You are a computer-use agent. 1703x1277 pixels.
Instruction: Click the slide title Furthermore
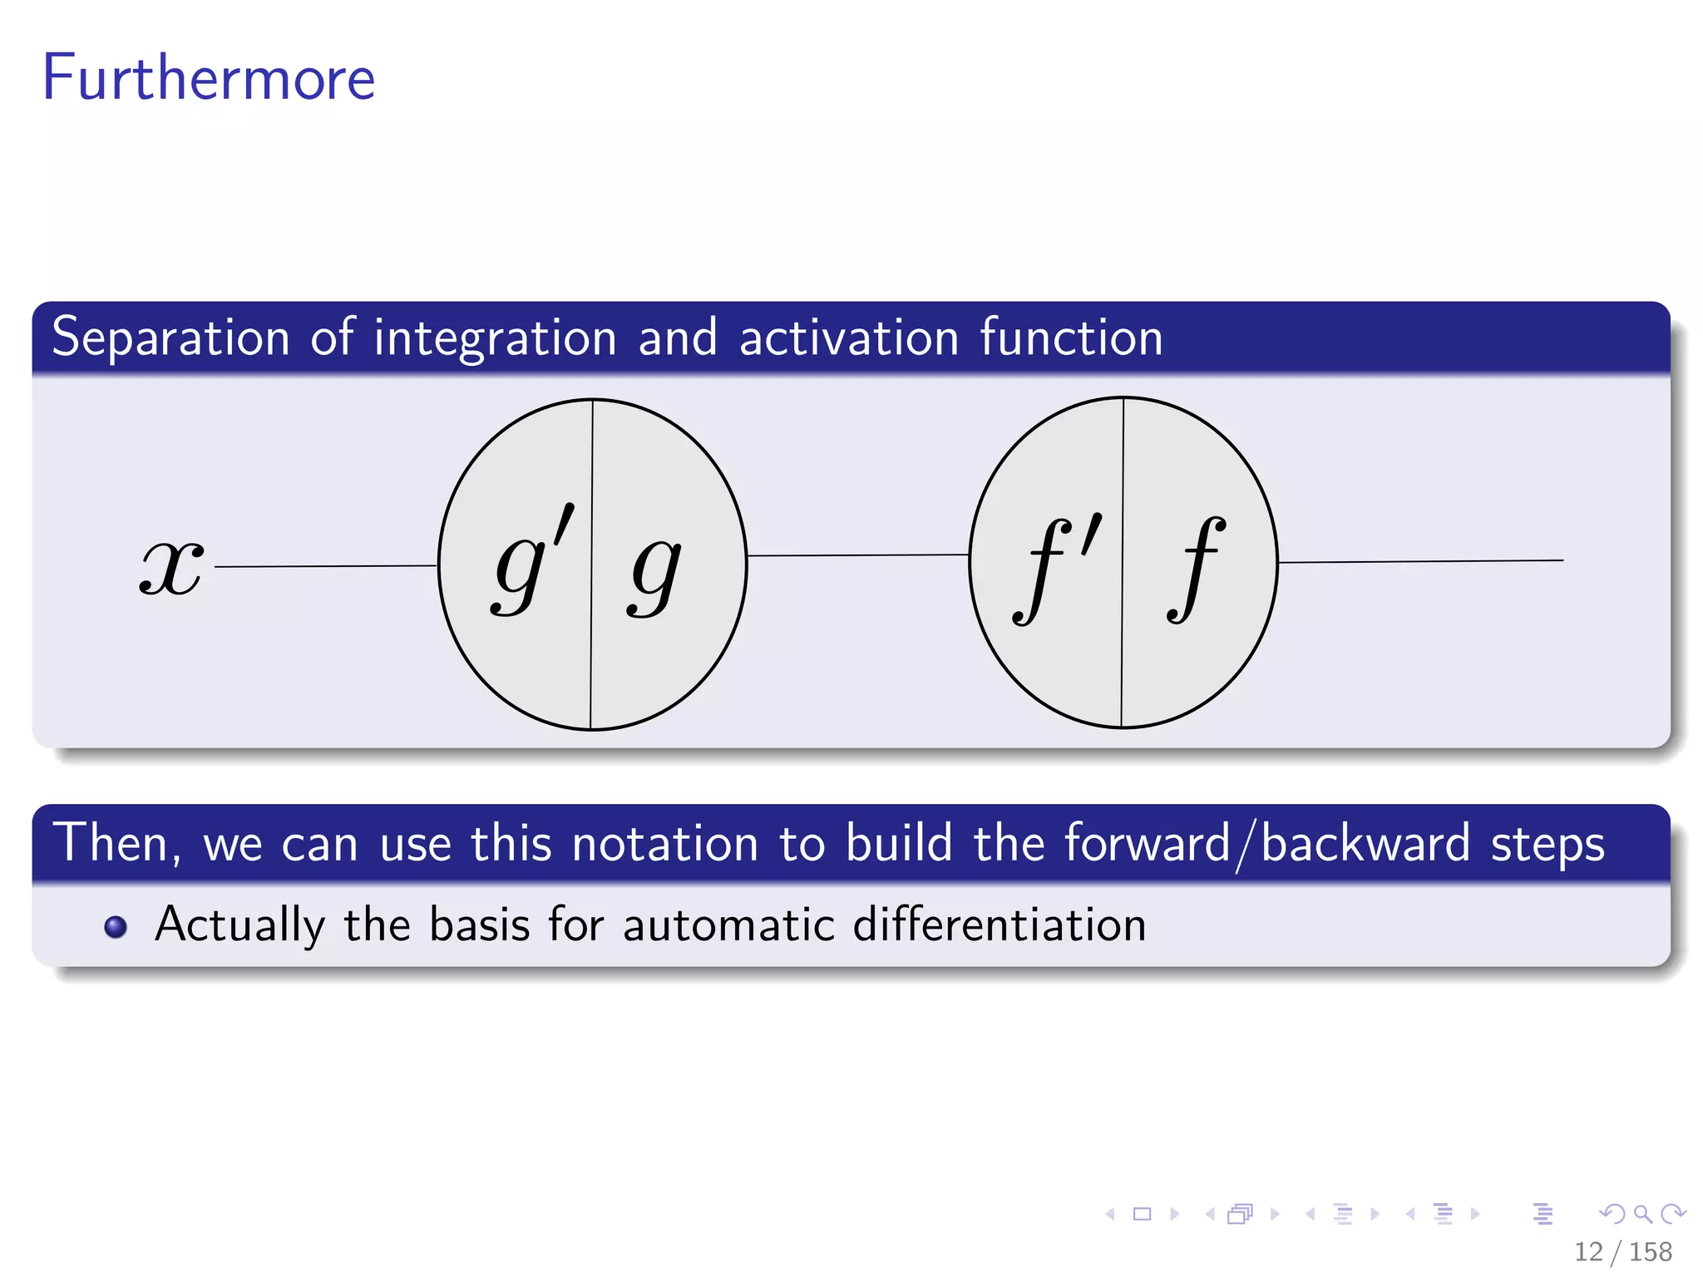(x=209, y=77)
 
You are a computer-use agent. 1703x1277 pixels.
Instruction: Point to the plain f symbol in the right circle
(x=1195, y=570)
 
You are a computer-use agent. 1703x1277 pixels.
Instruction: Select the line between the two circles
(x=857, y=555)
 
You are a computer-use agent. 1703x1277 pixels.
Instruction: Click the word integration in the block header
(x=494, y=338)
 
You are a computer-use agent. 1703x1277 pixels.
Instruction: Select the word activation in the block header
(x=849, y=338)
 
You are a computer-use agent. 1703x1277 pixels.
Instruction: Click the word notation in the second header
(x=665, y=844)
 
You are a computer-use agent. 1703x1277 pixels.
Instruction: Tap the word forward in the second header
(x=1146, y=844)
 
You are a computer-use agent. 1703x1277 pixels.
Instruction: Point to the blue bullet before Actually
(x=116, y=926)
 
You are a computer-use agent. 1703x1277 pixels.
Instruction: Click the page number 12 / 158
(x=1622, y=1251)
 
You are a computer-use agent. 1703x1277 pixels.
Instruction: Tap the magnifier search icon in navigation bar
(x=1642, y=1214)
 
